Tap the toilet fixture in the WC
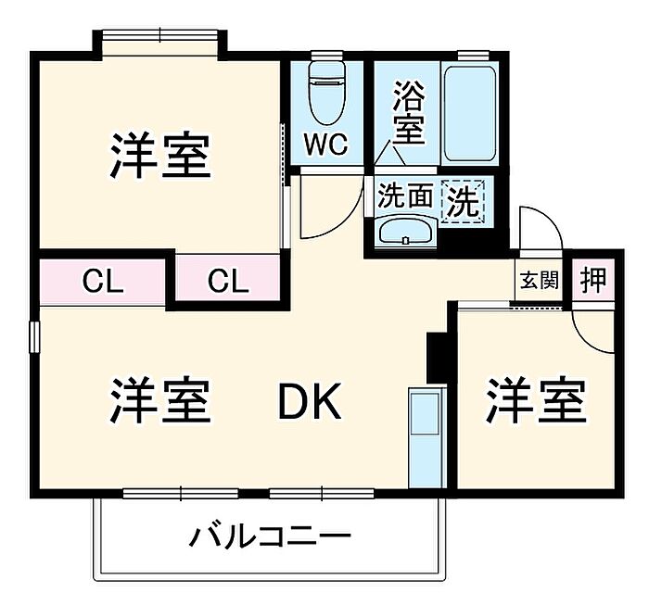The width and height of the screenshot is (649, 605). (x=325, y=90)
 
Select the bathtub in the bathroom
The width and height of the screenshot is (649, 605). (x=471, y=112)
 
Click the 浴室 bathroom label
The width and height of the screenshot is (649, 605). (x=409, y=112)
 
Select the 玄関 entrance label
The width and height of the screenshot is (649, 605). (x=539, y=280)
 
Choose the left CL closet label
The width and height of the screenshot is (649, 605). (x=102, y=280)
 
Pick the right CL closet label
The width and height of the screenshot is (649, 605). (x=228, y=280)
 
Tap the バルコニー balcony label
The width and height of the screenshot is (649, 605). (x=271, y=536)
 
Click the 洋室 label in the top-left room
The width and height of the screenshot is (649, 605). (x=160, y=156)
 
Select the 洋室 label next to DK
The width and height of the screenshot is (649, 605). (x=160, y=401)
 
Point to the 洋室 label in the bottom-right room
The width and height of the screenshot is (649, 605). (x=537, y=401)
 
